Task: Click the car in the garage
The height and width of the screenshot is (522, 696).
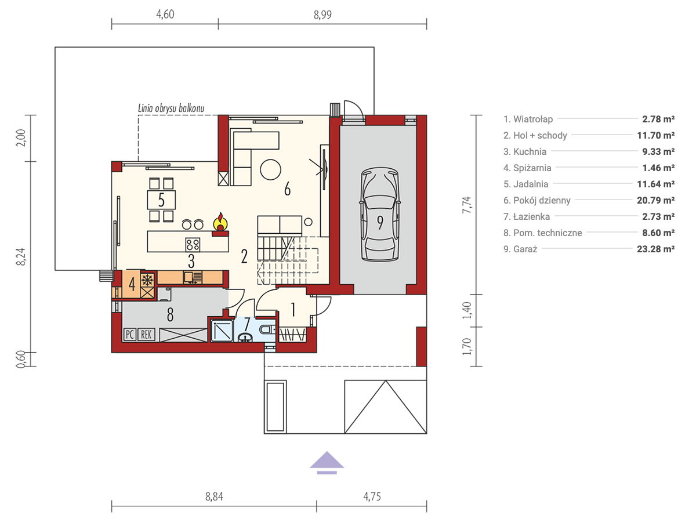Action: click(x=380, y=214)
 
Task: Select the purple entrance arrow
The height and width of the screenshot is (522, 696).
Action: click(x=327, y=462)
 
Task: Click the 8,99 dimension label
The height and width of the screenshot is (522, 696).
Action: click(x=322, y=15)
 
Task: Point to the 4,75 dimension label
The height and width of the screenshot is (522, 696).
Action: click(x=372, y=496)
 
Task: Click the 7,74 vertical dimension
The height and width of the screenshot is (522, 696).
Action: click(x=467, y=205)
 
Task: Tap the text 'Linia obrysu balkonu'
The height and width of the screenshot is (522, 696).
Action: click(x=171, y=108)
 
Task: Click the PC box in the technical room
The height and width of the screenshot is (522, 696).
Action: click(x=130, y=335)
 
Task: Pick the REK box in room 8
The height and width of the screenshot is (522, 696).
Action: click(x=146, y=335)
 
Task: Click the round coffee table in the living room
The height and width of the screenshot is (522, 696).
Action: click(x=270, y=169)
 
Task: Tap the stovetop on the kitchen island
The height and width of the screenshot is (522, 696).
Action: click(x=193, y=245)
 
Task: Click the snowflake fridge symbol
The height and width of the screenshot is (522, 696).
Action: click(x=147, y=280)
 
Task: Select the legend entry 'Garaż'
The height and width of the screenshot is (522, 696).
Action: click(x=520, y=249)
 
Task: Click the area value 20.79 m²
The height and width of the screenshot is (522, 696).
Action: click(x=656, y=200)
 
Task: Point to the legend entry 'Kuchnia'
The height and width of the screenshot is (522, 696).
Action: click(x=525, y=151)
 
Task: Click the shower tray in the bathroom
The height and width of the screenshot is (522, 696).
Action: click(x=222, y=331)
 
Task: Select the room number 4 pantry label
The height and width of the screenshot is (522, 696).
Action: click(x=132, y=284)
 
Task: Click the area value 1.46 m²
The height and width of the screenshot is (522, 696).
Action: click(x=658, y=168)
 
